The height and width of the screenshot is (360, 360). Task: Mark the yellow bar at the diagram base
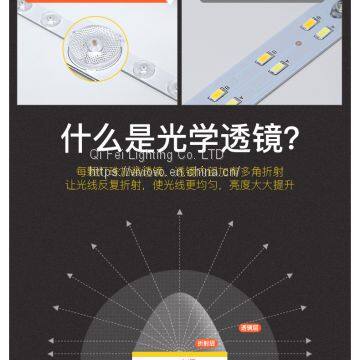[180, 356]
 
